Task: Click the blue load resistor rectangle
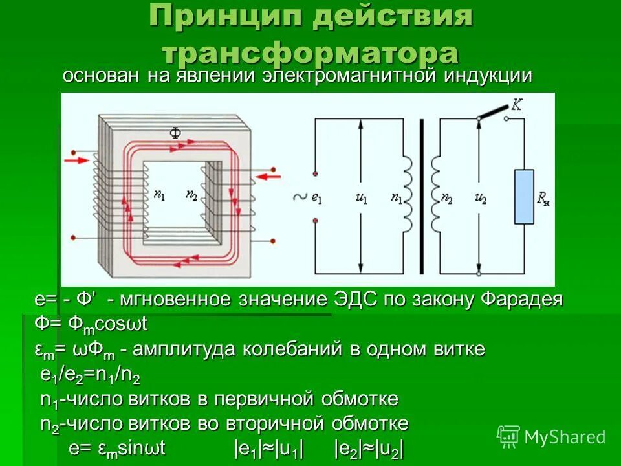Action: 524,196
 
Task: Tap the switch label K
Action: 517,104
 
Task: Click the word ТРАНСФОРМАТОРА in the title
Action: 310,52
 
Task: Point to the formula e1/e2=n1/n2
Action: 91,375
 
